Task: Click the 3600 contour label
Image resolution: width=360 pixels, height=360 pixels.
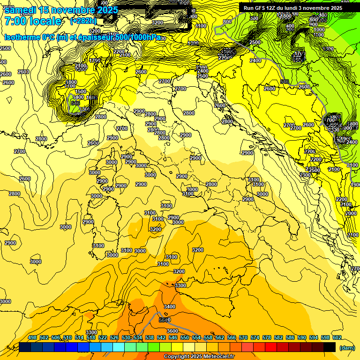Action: (x=172, y=331)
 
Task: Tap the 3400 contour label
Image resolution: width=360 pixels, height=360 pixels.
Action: (x=170, y=307)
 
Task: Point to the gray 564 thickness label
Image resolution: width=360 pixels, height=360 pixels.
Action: (x=164, y=320)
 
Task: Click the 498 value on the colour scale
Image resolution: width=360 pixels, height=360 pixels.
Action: (x=32, y=338)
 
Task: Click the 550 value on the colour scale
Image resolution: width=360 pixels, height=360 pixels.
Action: (x=185, y=338)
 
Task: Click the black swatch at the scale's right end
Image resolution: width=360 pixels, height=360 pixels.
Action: (x=330, y=347)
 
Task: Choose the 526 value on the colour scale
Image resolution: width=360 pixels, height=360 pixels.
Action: (x=114, y=338)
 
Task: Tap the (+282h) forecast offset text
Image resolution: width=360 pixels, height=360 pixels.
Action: (x=83, y=21)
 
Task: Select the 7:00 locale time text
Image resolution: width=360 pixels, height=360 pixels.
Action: (x=33, y=21)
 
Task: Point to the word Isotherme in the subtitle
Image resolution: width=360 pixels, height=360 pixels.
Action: (x=22, y=37)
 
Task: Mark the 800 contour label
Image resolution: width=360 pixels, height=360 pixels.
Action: (x=227, y=22)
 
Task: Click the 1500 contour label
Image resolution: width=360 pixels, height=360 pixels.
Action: (x=81, y=91)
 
